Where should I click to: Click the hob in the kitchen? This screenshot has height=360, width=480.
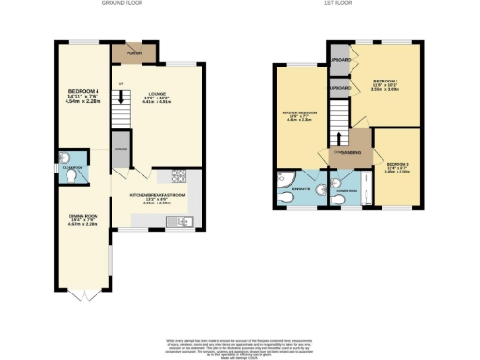click(178, 176)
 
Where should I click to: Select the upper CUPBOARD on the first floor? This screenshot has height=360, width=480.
click(339, 63)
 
